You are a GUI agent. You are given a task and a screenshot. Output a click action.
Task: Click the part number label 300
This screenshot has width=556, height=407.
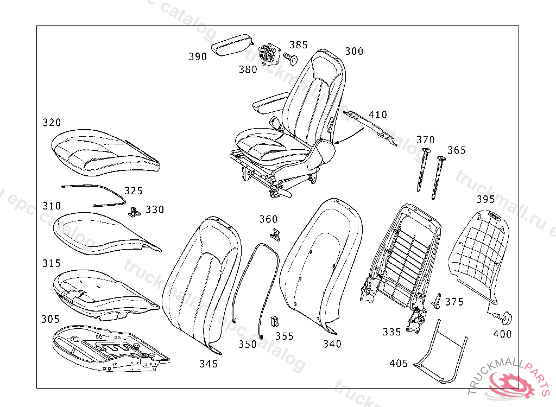[354, 52]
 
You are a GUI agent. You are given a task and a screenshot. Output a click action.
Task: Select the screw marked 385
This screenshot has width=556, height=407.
[290, 58]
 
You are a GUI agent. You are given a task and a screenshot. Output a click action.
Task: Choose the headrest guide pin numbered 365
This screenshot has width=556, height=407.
[438, 176]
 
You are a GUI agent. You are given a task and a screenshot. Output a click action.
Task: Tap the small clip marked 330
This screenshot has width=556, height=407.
[134, 211]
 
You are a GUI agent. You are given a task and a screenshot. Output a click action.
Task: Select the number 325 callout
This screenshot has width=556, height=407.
[133, 191]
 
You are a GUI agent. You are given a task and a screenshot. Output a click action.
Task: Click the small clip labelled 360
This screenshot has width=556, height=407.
[275, 233]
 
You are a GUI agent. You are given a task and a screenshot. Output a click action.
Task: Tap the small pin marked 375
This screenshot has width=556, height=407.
[436, 300]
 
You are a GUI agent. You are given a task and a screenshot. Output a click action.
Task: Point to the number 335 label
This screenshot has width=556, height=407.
[391, 332]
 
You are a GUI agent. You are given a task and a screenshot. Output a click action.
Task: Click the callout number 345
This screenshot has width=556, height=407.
[208, 364]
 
